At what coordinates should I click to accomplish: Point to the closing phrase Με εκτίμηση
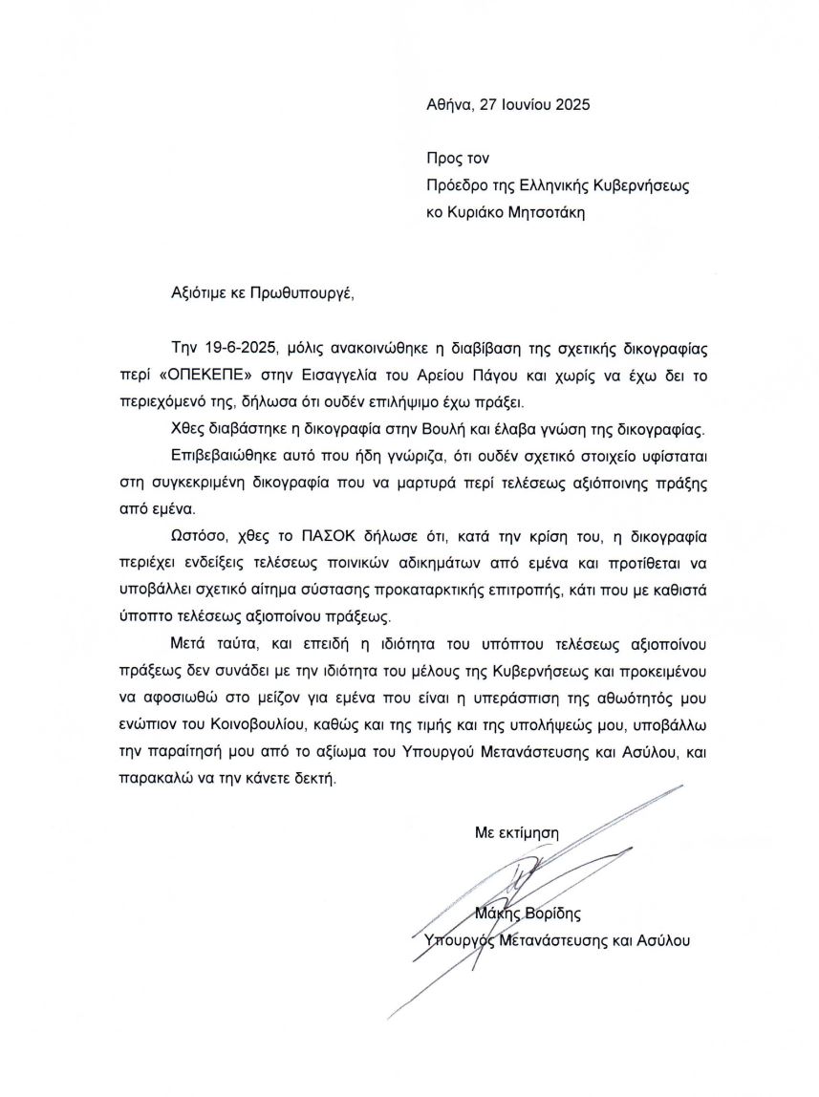(517, 832)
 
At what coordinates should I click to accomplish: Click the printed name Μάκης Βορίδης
(528, 913)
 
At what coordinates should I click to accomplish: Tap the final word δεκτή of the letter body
(316, 780)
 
